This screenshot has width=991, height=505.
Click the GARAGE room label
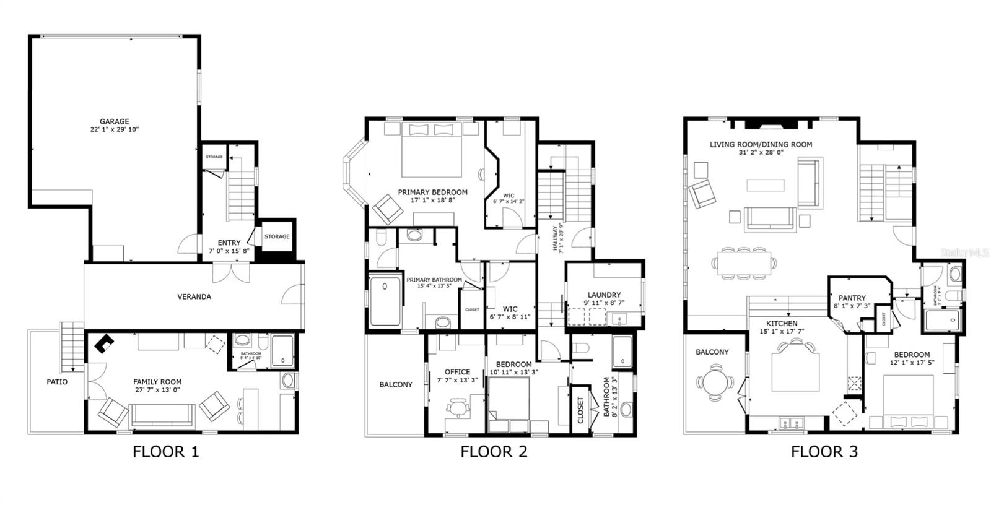[x=115, y=122]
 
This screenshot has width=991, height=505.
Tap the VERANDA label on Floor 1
[x=194, y=297]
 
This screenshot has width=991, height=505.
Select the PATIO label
[x=57, y=382]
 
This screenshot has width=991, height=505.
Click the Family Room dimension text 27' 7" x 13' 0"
[x=157, y=390]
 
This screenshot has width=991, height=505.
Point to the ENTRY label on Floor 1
[x=229, y=243]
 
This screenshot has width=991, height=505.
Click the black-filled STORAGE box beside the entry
[x=277, y=236]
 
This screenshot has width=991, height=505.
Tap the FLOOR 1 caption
[x=166, y=452]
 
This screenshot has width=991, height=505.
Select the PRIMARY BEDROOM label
[x=432, y=192]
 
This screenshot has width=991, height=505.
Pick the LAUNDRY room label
[x=604, y=295]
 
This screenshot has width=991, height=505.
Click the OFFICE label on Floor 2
[x=457, y=373]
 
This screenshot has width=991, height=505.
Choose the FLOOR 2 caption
[x=494, y=452]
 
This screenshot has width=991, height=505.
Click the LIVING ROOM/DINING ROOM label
[x=761, y=145]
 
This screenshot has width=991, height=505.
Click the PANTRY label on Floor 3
[x=852, y=298]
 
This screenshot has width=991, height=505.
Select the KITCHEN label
[x=782, y=324]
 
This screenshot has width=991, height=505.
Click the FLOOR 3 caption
[x=824, y=452]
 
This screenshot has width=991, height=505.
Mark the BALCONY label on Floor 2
[x=395, y=385]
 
